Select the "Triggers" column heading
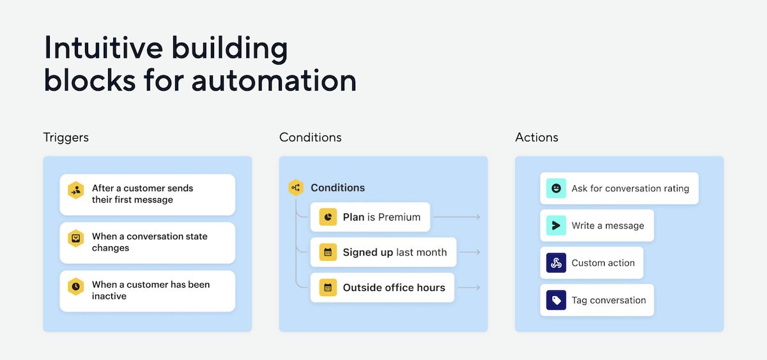[x=66, y=137]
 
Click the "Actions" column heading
[x=536, y=137]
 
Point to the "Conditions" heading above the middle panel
[x=310, y=137]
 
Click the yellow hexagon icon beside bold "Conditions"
[x=296, y=187]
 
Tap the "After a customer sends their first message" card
[x=147, y=194]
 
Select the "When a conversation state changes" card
[x=147, y=242]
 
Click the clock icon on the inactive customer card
[x=76, y=286]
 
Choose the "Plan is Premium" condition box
[x=370, y=217]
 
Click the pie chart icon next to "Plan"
[x=328, y=217]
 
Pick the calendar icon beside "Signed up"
[x=328, y=253]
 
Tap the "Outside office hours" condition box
[x=382, y=288]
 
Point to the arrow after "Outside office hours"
[x=470, y=288]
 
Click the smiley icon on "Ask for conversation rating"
[x=556, y=189]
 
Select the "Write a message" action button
[x=596, y=226]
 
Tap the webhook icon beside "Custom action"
[x=556, y=263]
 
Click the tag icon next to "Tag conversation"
[x=556, y=300]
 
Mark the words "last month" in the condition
[x=421, y=253]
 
